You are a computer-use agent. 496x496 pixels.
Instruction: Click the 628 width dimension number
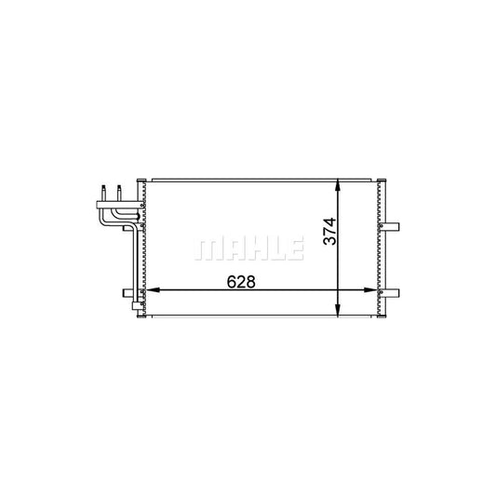tap(240, 280)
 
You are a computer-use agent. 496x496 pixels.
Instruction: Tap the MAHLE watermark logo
tap(248, 248)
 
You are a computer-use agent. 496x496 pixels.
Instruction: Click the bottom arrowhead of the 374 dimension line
tap(341, 313)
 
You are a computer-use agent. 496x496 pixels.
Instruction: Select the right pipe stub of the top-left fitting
tap(119, 189)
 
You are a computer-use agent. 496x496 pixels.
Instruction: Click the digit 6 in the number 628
tap(229, 280)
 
